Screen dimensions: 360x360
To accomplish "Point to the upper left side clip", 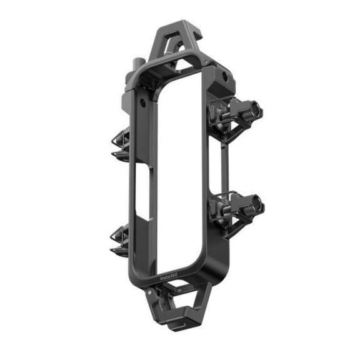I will [121, 144].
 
